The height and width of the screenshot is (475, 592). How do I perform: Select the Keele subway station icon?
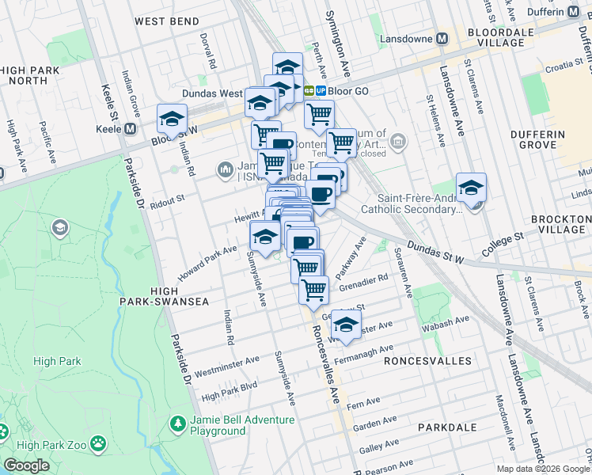pyautogui.click(x=128, y=128)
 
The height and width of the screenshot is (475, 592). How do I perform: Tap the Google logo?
pyautogui.click(x=27, y=465)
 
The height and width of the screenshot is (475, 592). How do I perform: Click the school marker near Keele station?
pyautogui.click(x=171, y=120)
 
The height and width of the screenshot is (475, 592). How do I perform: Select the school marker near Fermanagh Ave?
pyautogui.click(x=345, y=324)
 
